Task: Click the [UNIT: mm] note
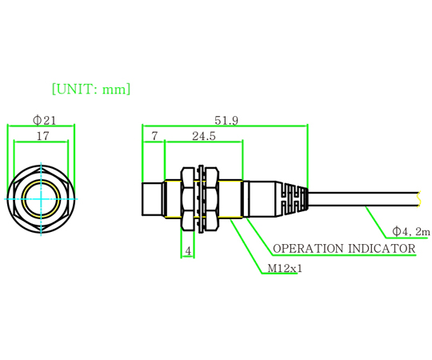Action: tap(91, 89)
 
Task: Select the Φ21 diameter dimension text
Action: tap(44, 120)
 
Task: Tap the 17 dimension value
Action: tap(42, 136)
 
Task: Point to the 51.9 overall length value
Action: tap(226, 120)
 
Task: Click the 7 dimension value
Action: tap(154, 136)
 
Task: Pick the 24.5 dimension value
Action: tap(204, 136)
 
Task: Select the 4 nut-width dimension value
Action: tap(188, 251)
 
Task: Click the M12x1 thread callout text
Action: tap(285, 268)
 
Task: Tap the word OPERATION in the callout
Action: tap(308, 249)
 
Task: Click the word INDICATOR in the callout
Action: tap(382, 249)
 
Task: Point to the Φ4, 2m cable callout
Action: tap(411, 231)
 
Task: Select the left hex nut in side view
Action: tap(188, 198)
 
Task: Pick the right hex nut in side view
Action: tap(213, 198)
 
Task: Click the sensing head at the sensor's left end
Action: tap(152, 198)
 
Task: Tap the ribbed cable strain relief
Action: tap(292, 199)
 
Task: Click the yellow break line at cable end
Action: tap(419, 199)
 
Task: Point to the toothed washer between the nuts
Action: tap(201, 198)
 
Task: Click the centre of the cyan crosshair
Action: tap(41, 198)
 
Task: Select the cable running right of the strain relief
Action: tap(363, 199)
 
